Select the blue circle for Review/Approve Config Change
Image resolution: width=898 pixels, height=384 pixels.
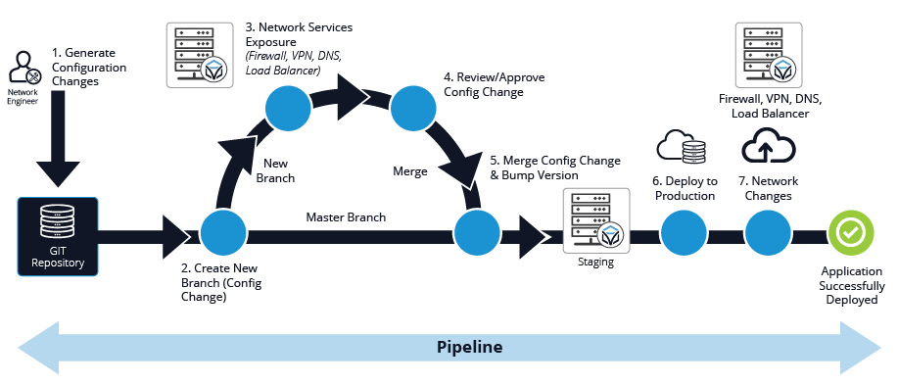pyautogui.click(x=413, y=109)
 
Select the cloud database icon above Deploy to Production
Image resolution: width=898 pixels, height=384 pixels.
pyautogui.click(x=683, y=148)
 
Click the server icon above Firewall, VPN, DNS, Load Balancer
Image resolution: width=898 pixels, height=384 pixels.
pyautogui.click(x=769, y=55)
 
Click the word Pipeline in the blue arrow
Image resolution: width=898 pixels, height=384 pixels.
pyautogui.click(x=469, y=347)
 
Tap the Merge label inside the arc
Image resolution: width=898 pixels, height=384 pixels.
pyautogui.click(x=410, y=171)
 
